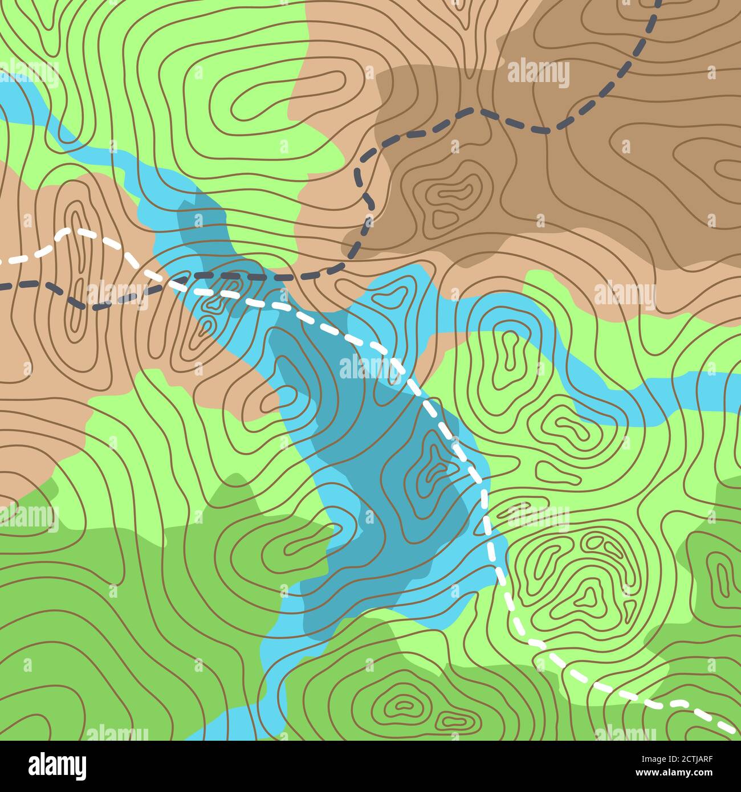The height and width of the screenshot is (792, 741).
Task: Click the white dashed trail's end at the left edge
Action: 3,262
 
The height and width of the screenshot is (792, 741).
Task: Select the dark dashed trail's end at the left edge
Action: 3,285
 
